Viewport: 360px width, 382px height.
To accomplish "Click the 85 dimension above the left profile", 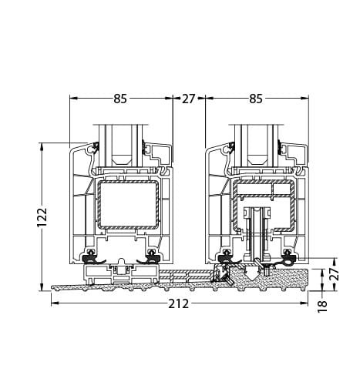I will click(119, 99).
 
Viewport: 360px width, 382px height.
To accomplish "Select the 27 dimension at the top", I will click(189, 99).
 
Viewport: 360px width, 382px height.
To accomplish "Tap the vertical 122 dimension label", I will click(43, 216).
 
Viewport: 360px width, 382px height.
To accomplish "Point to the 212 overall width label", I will click(178, 303).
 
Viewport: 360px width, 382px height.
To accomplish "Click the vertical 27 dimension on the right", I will click(334, 274).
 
